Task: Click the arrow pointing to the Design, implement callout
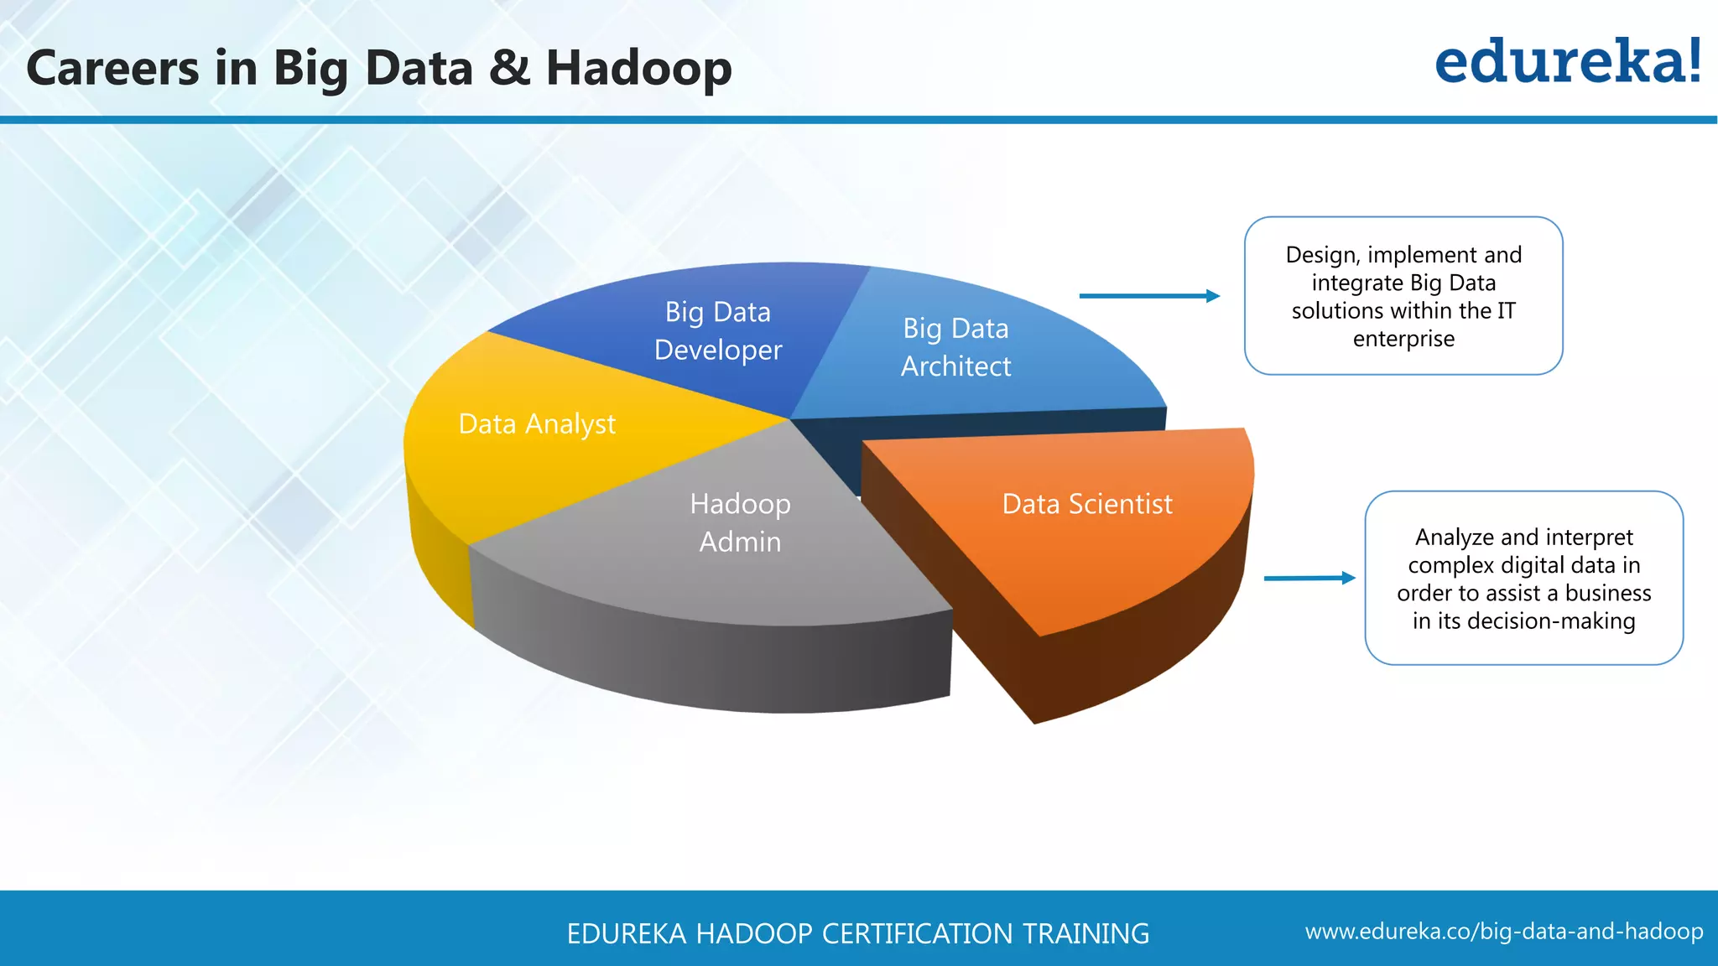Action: [1149, 296]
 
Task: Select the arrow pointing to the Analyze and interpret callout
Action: [1309, 578]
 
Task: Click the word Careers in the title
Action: [113, 69]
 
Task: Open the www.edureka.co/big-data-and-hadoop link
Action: [1504, 932]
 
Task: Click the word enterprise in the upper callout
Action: [1403, 339]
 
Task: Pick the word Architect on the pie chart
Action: [956, 366]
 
